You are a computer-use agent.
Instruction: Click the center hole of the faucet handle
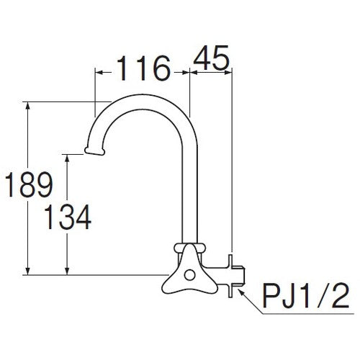click(x=189, y=275)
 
